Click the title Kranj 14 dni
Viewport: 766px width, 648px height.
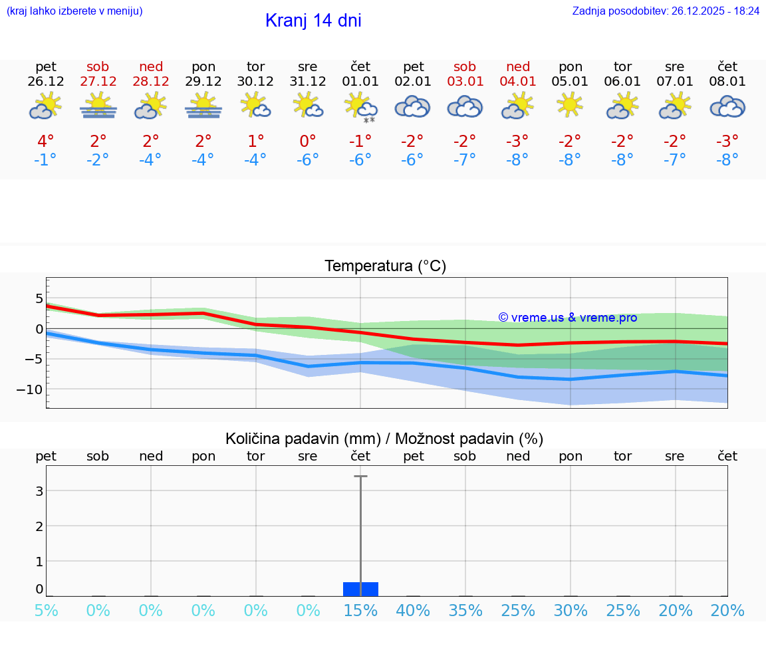313,21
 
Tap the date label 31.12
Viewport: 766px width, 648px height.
308,82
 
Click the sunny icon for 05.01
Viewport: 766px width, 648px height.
570,105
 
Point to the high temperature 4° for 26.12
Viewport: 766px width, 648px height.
46,142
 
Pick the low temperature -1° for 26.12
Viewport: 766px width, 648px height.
46,160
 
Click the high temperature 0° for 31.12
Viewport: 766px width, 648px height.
308,142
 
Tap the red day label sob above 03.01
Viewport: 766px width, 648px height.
465,66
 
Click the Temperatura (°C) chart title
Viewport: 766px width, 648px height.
385,267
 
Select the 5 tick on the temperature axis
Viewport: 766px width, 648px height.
39,298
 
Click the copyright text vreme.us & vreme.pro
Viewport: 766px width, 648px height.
568,318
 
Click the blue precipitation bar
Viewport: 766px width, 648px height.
360,590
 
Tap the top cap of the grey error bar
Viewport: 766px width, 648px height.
360,477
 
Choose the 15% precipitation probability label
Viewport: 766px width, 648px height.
360,611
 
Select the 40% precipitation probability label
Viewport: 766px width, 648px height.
413,611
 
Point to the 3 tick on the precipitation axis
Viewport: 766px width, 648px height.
39,491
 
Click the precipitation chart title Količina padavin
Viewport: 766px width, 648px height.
384,439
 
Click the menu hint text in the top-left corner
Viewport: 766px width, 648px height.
74,11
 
